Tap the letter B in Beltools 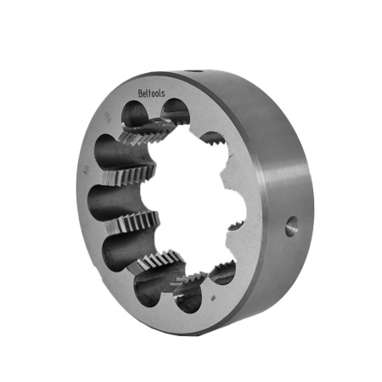tap(140, 95)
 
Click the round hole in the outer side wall tap(291, 224)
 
